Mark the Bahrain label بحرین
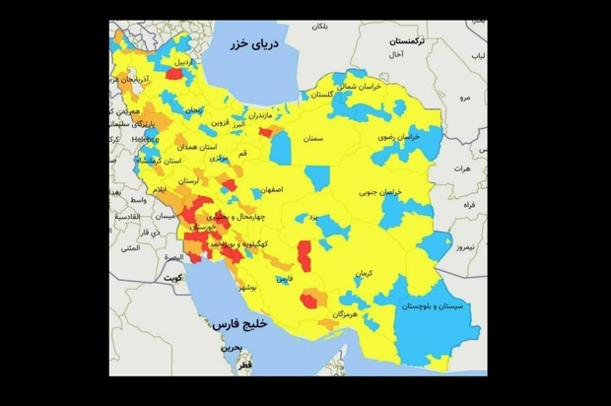tap(230, 347)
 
